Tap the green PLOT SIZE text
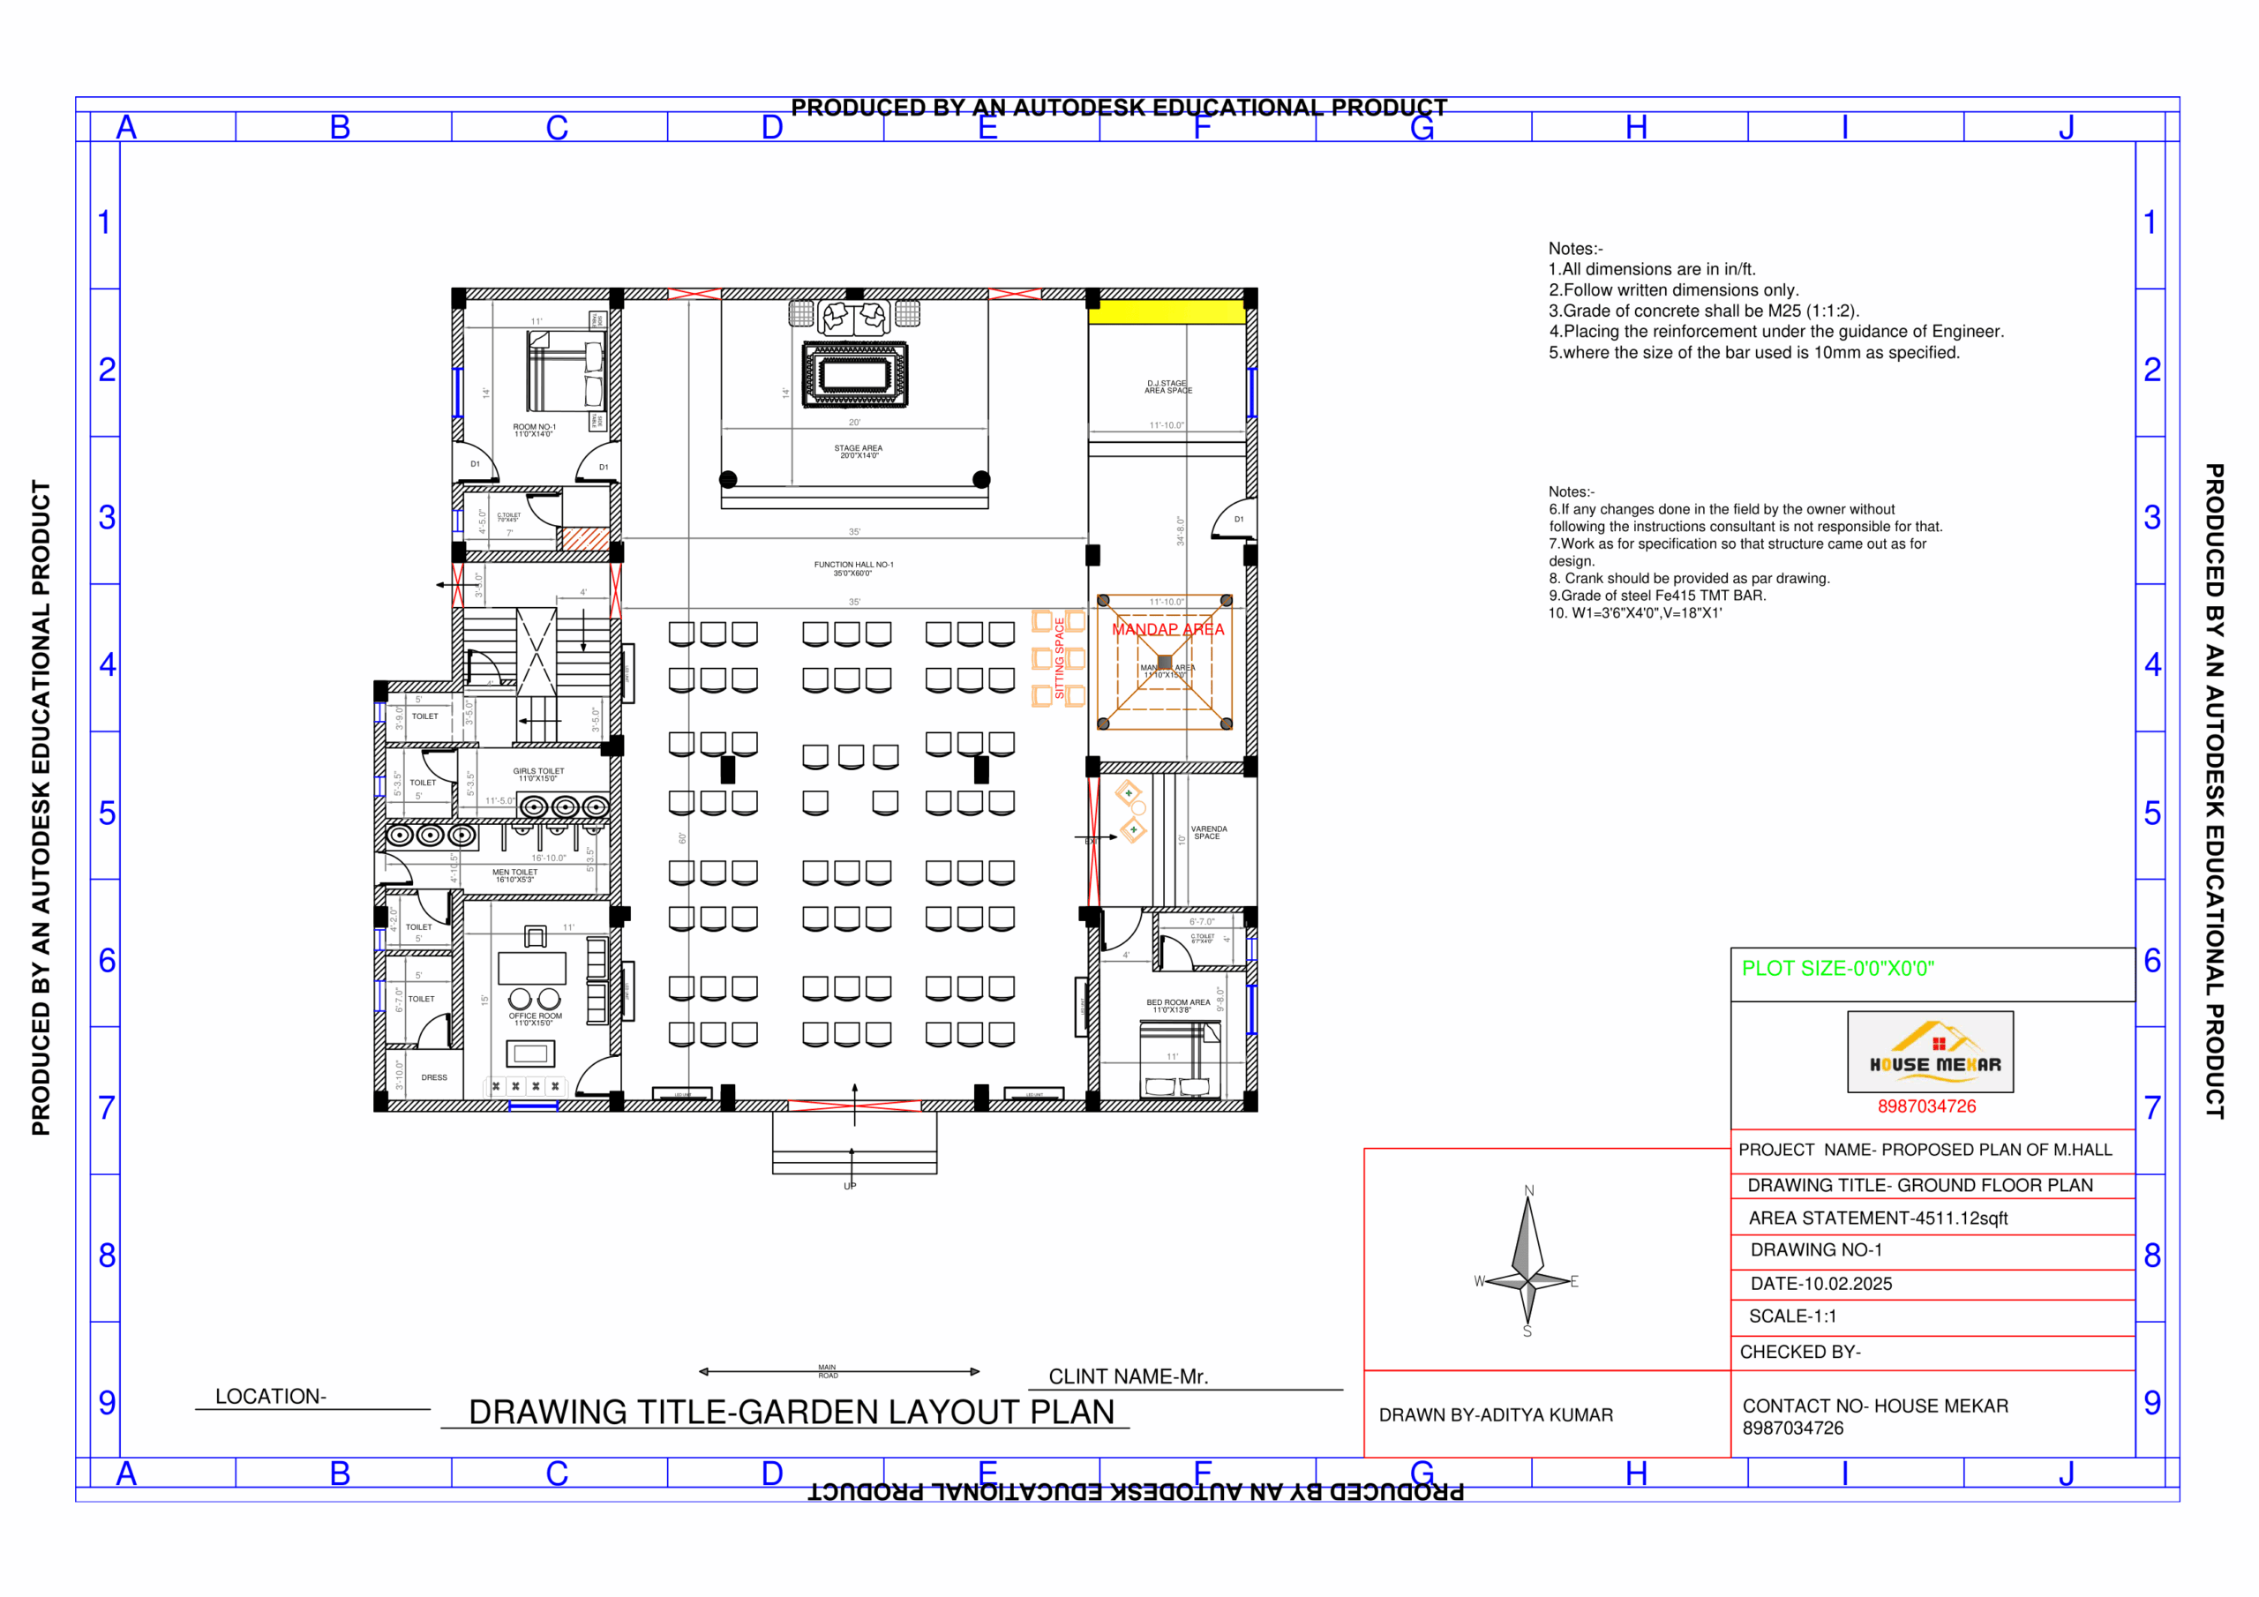coord(1837,968)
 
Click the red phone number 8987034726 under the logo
coord(1925,1106)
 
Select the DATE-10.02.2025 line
coord(1820,1283)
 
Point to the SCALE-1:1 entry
coord(1791,1316)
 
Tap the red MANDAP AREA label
coord(1167,629)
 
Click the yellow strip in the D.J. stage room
coord(1166,313)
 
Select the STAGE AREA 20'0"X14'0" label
coord(858,452)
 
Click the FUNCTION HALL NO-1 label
coord(853,567)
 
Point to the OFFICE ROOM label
coord(536,1018)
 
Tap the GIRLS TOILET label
coord(538,775)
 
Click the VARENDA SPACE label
coord(1208,832)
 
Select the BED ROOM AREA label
coord(1177,1006)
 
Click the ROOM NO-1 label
coord(533,430)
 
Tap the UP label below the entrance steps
coord(850,1186)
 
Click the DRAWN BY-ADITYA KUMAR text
coord(1495,1414)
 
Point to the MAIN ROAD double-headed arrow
coord(838,1370)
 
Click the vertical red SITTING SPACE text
coord(1059,657)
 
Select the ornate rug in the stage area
coord(854,374)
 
